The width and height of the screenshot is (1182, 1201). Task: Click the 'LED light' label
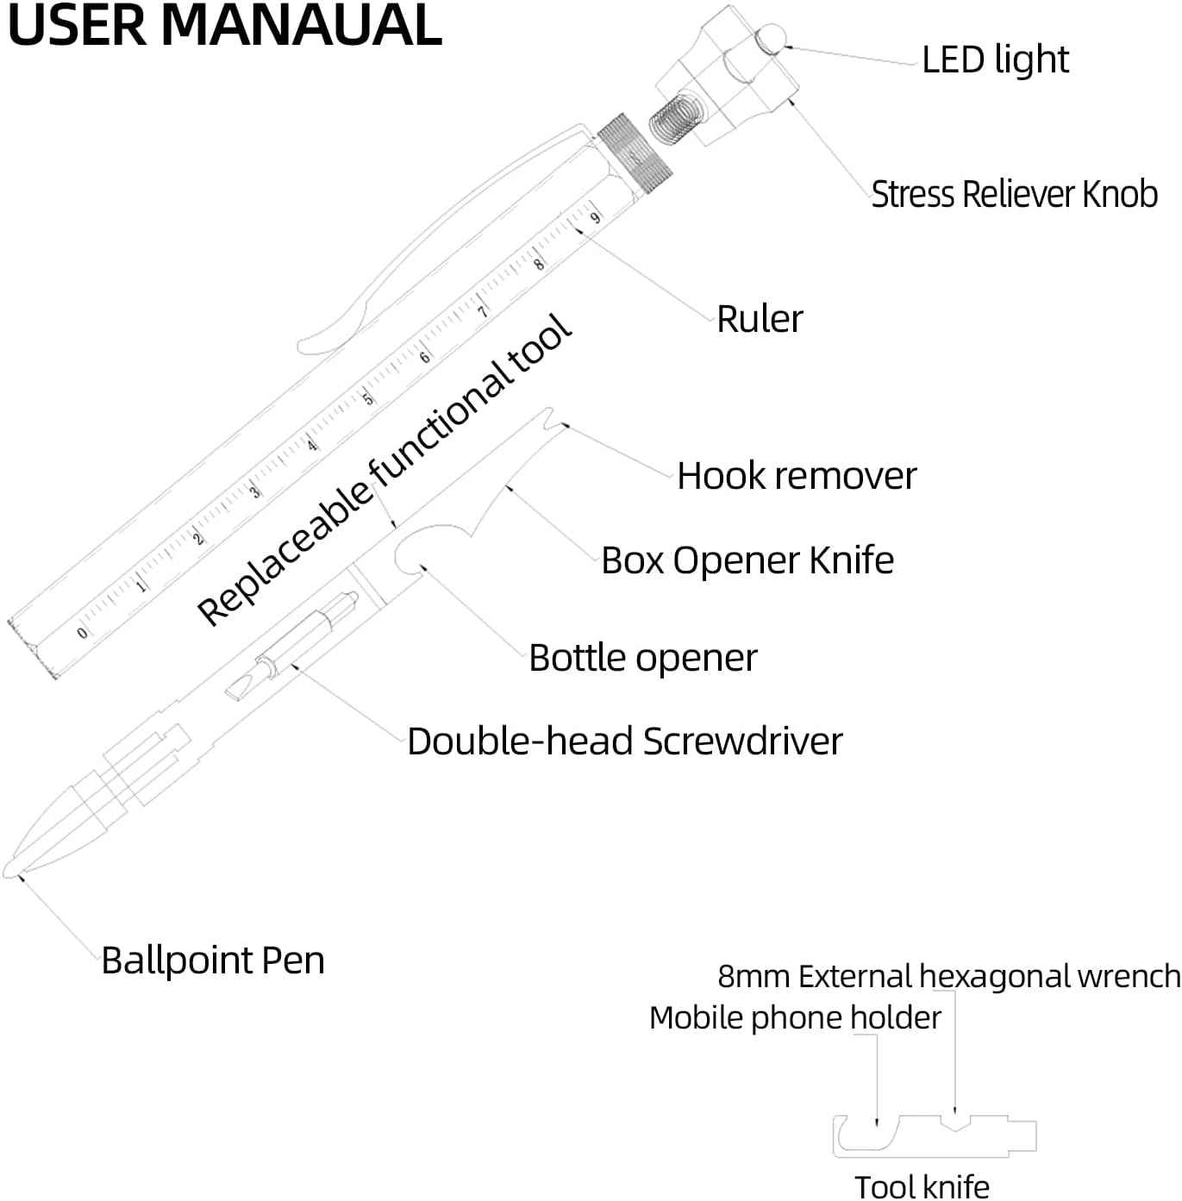tap(995, 59)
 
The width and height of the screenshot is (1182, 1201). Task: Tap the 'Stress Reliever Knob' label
tap(1014, 194)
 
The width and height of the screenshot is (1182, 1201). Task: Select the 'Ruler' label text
tap(760, 319)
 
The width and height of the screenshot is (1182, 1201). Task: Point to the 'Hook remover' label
tap(797, 476)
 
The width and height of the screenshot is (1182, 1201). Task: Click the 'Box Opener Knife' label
tap(747, 560)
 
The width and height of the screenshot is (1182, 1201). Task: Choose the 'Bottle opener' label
tap(643, 658)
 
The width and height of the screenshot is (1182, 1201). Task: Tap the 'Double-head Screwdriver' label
tap(624, 741)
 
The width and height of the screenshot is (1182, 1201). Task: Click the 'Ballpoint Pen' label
tap(213, 960)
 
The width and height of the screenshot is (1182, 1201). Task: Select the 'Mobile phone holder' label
tap(795, 1018)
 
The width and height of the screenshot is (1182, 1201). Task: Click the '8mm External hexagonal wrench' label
tap(948, 976)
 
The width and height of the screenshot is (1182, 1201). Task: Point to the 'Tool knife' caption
tap(922, 1186)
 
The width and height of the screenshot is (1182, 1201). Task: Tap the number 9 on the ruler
tap(595, 218)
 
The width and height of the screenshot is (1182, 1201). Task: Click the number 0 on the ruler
tap(82, 633)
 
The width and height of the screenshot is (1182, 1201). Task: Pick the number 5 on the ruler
tap(368, 399)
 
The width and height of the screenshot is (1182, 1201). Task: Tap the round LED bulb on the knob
tap(770, 39)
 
